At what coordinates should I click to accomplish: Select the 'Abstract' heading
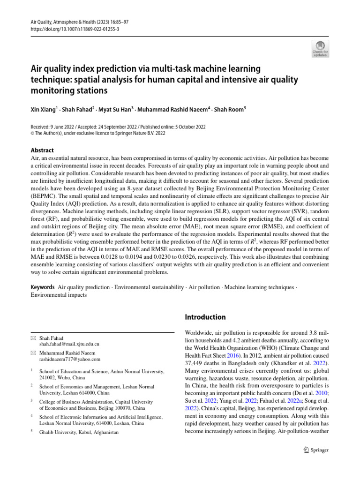pos(42,150)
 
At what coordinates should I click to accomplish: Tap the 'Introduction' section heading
pos(206,317)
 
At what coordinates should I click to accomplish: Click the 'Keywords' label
pos(43,286)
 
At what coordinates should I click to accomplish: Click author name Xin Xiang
pos(43,109)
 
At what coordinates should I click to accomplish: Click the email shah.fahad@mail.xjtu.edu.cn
pos(69,344)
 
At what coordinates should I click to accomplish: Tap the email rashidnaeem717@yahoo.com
pos(70,359)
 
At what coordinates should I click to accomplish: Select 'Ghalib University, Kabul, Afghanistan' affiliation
pos(79,432)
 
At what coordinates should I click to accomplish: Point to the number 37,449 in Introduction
pos(196,363)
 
